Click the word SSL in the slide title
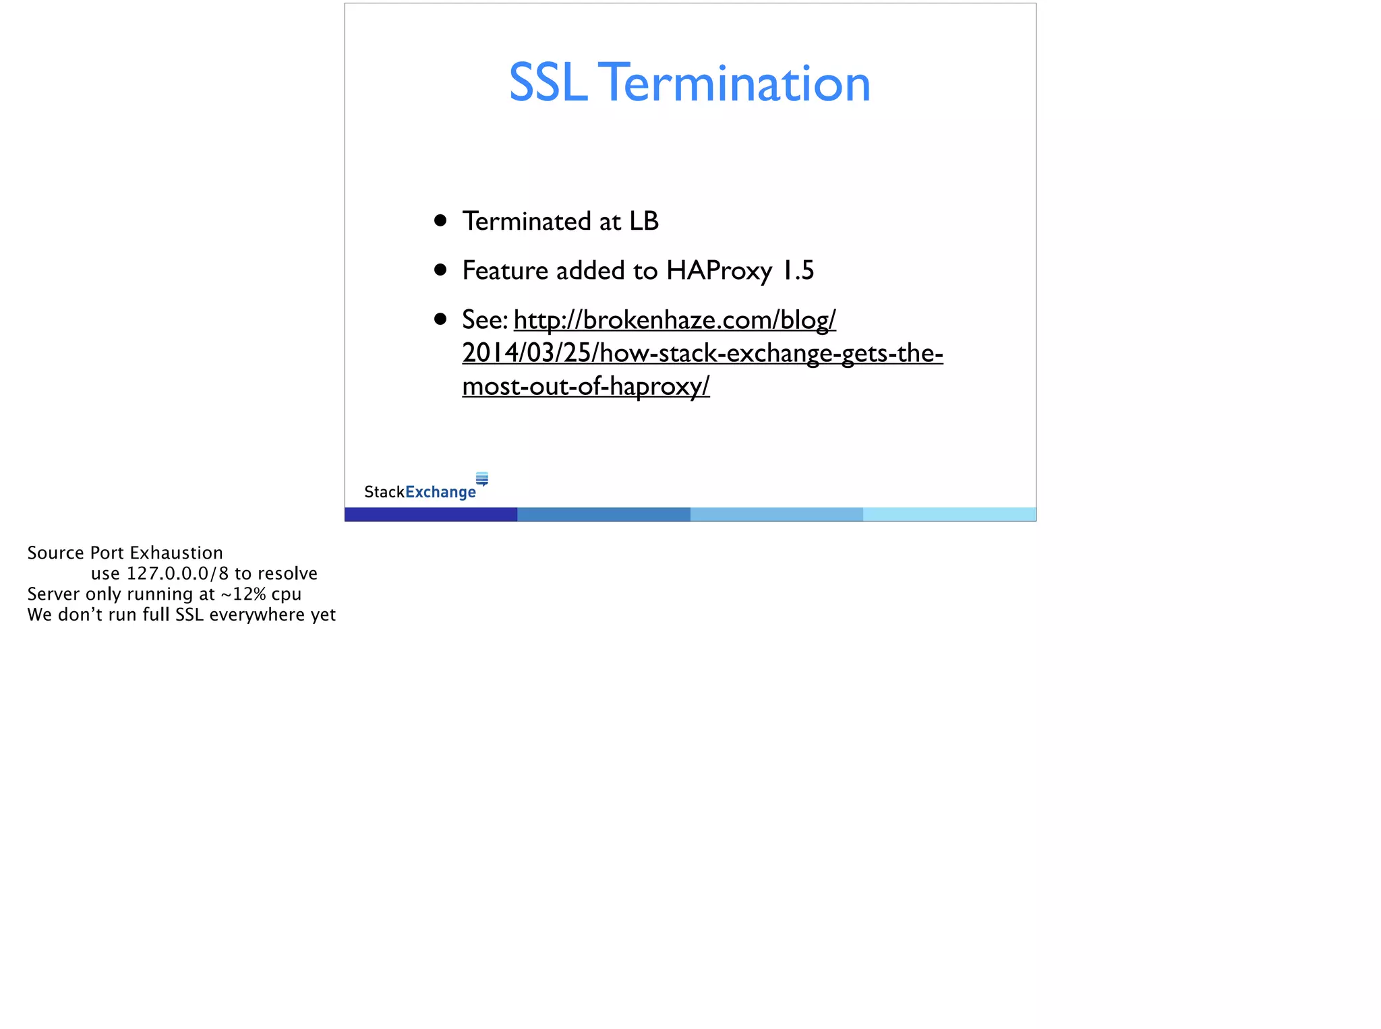[548, 84]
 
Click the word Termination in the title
[734, 84]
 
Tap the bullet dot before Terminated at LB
[440, 220]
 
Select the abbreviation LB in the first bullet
[643, 221]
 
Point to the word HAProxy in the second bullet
[719, 271]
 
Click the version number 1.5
[798, 271]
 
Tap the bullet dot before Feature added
[440, 270]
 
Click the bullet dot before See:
[440, 319]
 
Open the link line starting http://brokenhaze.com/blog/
[674, 320]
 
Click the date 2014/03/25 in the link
[526, 353]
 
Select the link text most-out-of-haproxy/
[585, 386]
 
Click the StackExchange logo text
[419, 492]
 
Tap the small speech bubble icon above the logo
[482, 478]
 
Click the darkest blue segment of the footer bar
[431, 514]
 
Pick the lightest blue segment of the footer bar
[949, 514]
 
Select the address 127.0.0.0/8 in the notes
[177, 573]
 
